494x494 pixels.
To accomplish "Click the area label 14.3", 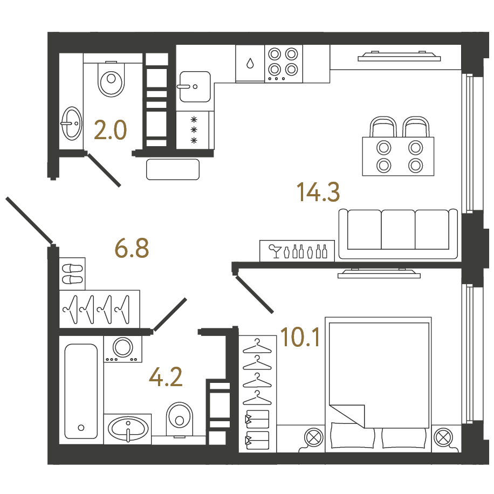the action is tap(318, 192).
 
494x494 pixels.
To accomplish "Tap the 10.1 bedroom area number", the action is tap(300, 337).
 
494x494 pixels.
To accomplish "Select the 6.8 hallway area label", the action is tap(132, 248).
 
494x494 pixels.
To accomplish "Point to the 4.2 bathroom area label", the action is tap(166, 377).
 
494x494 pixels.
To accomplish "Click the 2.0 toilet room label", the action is tap(110, 130).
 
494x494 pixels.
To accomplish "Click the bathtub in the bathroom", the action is tap(81, 391).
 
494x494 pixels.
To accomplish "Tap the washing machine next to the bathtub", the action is tap(123, 349).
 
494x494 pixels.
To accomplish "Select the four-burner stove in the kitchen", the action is tap(284, 64).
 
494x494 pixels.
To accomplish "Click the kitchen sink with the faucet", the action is tap(195, 87).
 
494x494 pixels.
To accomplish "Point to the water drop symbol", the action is tap(250, 63).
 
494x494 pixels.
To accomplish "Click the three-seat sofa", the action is tap(398, 234).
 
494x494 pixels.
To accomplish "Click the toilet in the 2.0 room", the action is tap(111, 79).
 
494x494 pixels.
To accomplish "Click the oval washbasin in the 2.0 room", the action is tap(72, 123).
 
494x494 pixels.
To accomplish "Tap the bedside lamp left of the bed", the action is tap(314, 438).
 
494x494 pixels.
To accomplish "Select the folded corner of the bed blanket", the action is tap(347, 416).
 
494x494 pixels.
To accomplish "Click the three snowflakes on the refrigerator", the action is tap(194, 130).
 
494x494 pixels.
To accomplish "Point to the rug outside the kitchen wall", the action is tap(173, 169).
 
